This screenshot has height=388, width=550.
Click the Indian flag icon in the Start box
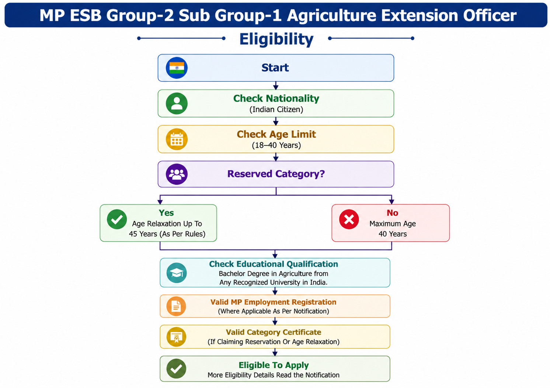point(177,68)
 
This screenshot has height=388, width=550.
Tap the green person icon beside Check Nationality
point(177,103)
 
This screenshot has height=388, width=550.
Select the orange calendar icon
point(177,139)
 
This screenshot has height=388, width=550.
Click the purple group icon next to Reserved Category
point(177,174)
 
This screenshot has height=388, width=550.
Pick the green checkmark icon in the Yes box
point(117,219)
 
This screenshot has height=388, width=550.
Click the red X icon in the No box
point(349,219)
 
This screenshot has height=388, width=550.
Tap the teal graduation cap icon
point(177,273)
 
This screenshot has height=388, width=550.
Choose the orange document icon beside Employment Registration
point(176,306)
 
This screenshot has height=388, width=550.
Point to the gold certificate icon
point(176,337)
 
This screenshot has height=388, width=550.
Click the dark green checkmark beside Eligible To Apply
point(176,368)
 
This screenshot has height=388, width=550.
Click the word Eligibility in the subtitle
point(276,39)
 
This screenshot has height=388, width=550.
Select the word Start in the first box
point(275,67)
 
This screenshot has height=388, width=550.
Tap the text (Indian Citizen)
point(276,109)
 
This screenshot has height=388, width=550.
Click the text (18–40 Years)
point(276,145)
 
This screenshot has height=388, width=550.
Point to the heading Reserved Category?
point(276,174)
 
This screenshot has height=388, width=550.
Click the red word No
point(392,213)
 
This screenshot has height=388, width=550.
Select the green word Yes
point(166,213)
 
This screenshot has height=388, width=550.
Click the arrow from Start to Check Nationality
point(276,86)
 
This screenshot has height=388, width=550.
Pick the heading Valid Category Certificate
point(274,332)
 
